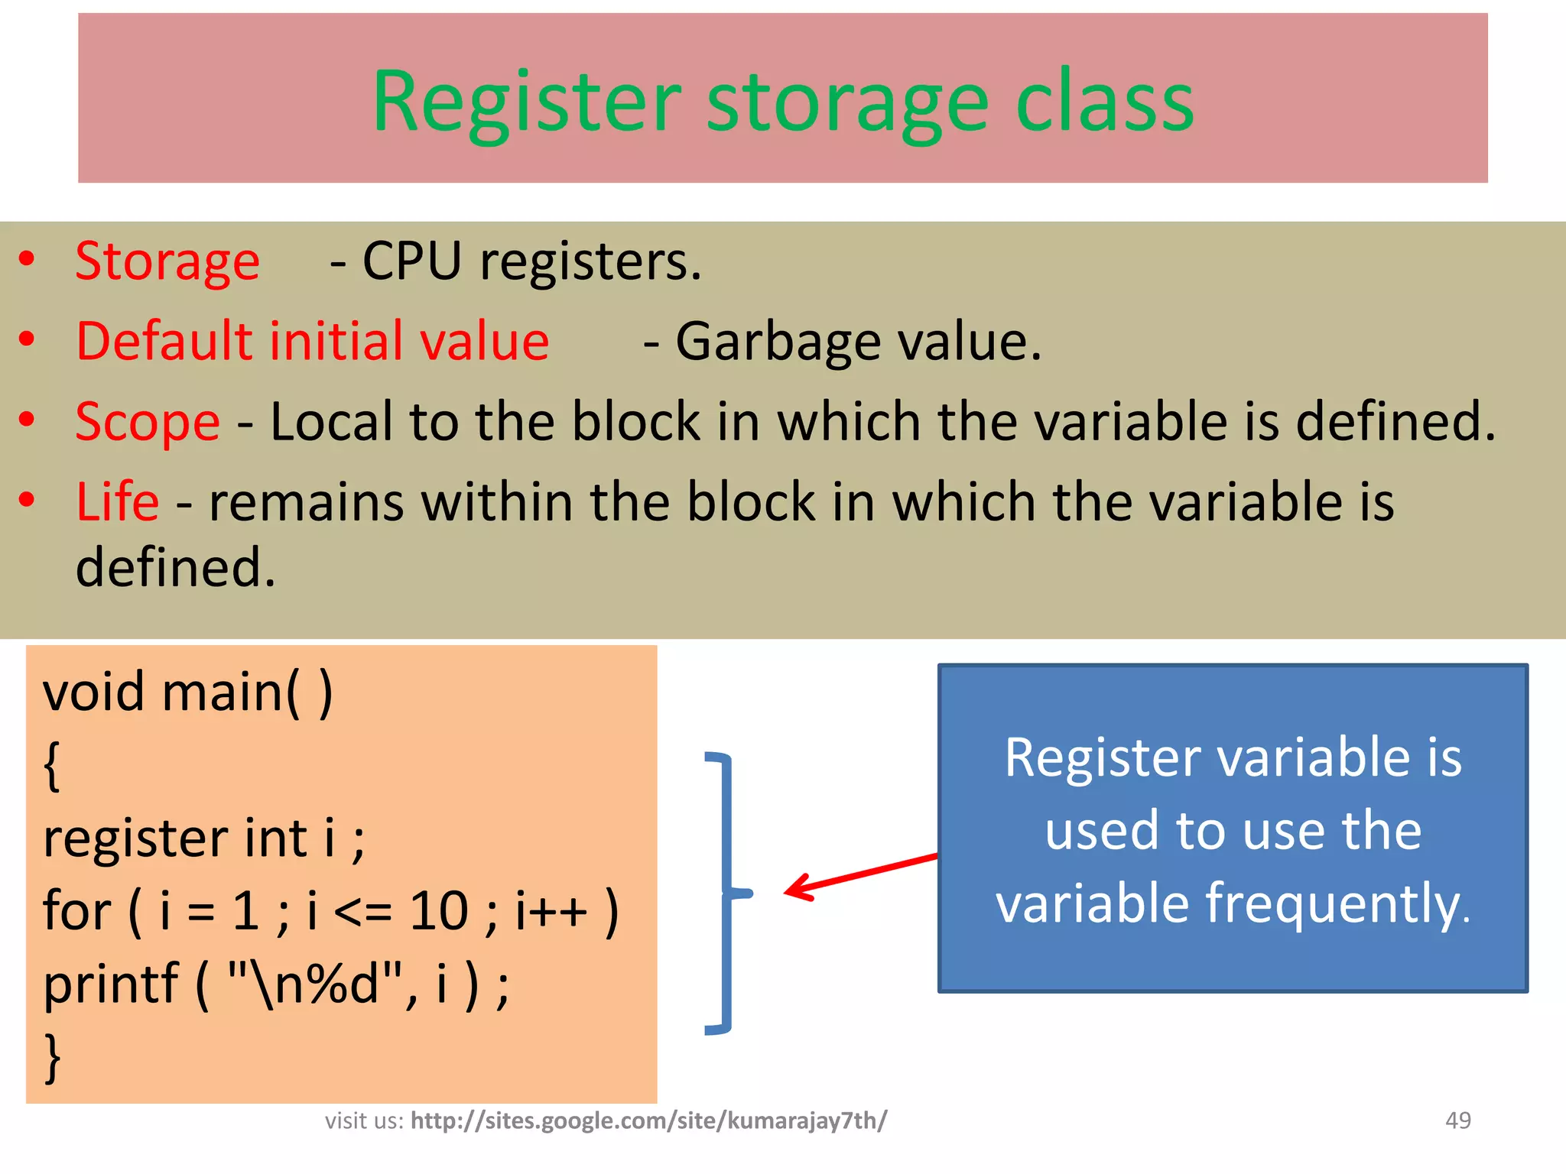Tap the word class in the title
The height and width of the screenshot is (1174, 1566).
point(1104,102)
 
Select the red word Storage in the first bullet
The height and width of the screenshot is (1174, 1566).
point(167,262)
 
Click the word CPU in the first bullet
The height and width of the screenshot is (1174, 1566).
point(411,261)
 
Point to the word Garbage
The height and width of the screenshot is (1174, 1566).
point(778,342)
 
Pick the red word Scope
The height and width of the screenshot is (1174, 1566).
point(148,422)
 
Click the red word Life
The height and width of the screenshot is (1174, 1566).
point(118,502)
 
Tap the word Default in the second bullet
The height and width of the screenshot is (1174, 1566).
point(164,341)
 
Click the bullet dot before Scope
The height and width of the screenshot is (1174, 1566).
point(28,419)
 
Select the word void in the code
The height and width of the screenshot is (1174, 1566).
point(93,692)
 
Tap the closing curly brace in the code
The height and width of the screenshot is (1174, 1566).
point(52,1057)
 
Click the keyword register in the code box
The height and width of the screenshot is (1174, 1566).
point(135,838)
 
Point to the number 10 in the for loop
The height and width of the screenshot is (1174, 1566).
point(438,911)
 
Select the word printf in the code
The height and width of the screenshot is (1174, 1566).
point(110,984)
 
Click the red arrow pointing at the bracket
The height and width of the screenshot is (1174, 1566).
point(860,875)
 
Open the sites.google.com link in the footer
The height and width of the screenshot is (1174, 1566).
point(648,1120)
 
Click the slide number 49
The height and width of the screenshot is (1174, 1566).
point(1457,1120)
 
